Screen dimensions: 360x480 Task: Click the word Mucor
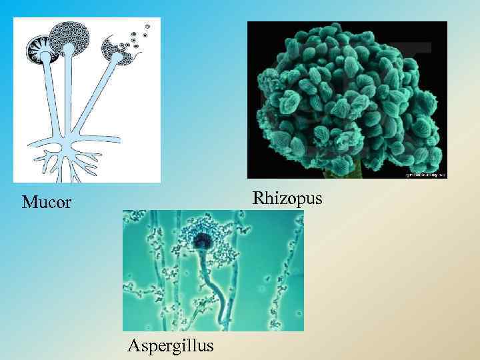coord(46,202)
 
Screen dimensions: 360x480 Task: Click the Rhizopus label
coord(287,199)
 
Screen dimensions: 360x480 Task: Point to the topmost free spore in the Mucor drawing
coord(148,26)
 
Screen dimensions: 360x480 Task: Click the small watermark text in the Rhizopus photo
coord(425,174)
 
